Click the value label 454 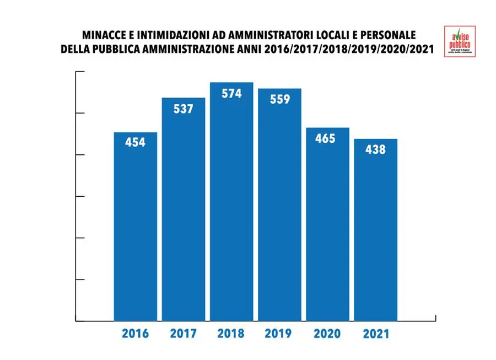pyautogui.click(x=135, y=143)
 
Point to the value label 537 pyautogui.click(x=183, y=109)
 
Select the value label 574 pyautogui.click(x=231, y=94)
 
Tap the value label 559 pyautogui.click(x=279, y=100)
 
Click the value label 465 pyautogui.click(x=325, y=138)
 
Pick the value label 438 pyautogui.click(x=375, y=149)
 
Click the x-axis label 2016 pyautogui.click(x=136, y=334)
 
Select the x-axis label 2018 pyautogui.click(x=231, y=334)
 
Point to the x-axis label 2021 pyautogui.click(x=375, y=334)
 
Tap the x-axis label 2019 pyautogui.click(x=279, y=334)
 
